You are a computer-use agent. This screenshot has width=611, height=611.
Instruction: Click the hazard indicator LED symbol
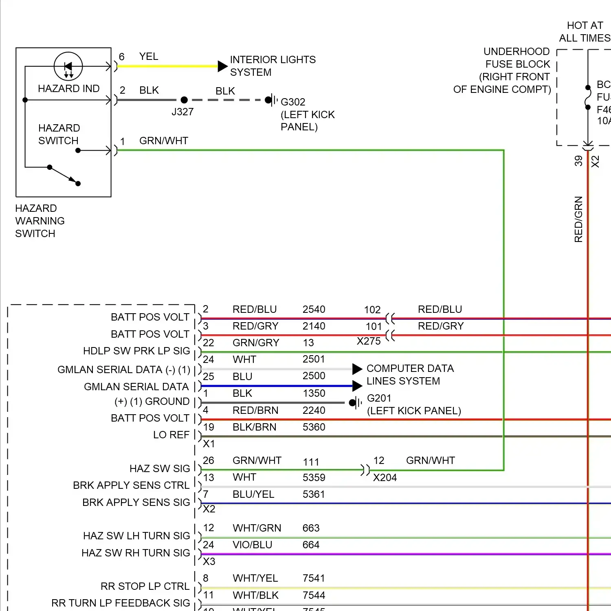pos(68,66)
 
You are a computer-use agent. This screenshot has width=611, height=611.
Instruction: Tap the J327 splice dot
pos(184,100)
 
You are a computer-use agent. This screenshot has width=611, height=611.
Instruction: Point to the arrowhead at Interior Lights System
pos(222,66)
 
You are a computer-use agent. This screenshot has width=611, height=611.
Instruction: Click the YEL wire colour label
pos(149,57)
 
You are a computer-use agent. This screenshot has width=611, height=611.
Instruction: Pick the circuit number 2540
pos(314,310)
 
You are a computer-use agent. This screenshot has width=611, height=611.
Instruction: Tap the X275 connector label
pos(369,341)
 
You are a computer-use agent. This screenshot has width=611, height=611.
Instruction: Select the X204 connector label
pos(385,477)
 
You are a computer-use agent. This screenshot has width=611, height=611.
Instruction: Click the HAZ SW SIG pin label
pos(160,469)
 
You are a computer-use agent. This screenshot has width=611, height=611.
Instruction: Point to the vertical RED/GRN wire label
pos(578,219)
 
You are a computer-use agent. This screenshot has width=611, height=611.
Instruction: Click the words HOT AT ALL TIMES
pos(585,32)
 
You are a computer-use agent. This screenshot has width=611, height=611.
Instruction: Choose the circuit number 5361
pos(314,495)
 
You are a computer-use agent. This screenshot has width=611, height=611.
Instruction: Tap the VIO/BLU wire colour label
pos(252,545)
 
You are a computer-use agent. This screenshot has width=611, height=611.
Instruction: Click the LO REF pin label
pos(171,435)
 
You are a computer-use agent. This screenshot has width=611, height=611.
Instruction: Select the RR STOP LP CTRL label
pos(145,587)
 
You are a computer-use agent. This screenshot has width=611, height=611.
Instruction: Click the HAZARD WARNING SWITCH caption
pos(40,221)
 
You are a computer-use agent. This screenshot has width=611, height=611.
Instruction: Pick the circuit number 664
pos(311,545)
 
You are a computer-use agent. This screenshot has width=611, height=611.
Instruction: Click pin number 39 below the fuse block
pos(578,161)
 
